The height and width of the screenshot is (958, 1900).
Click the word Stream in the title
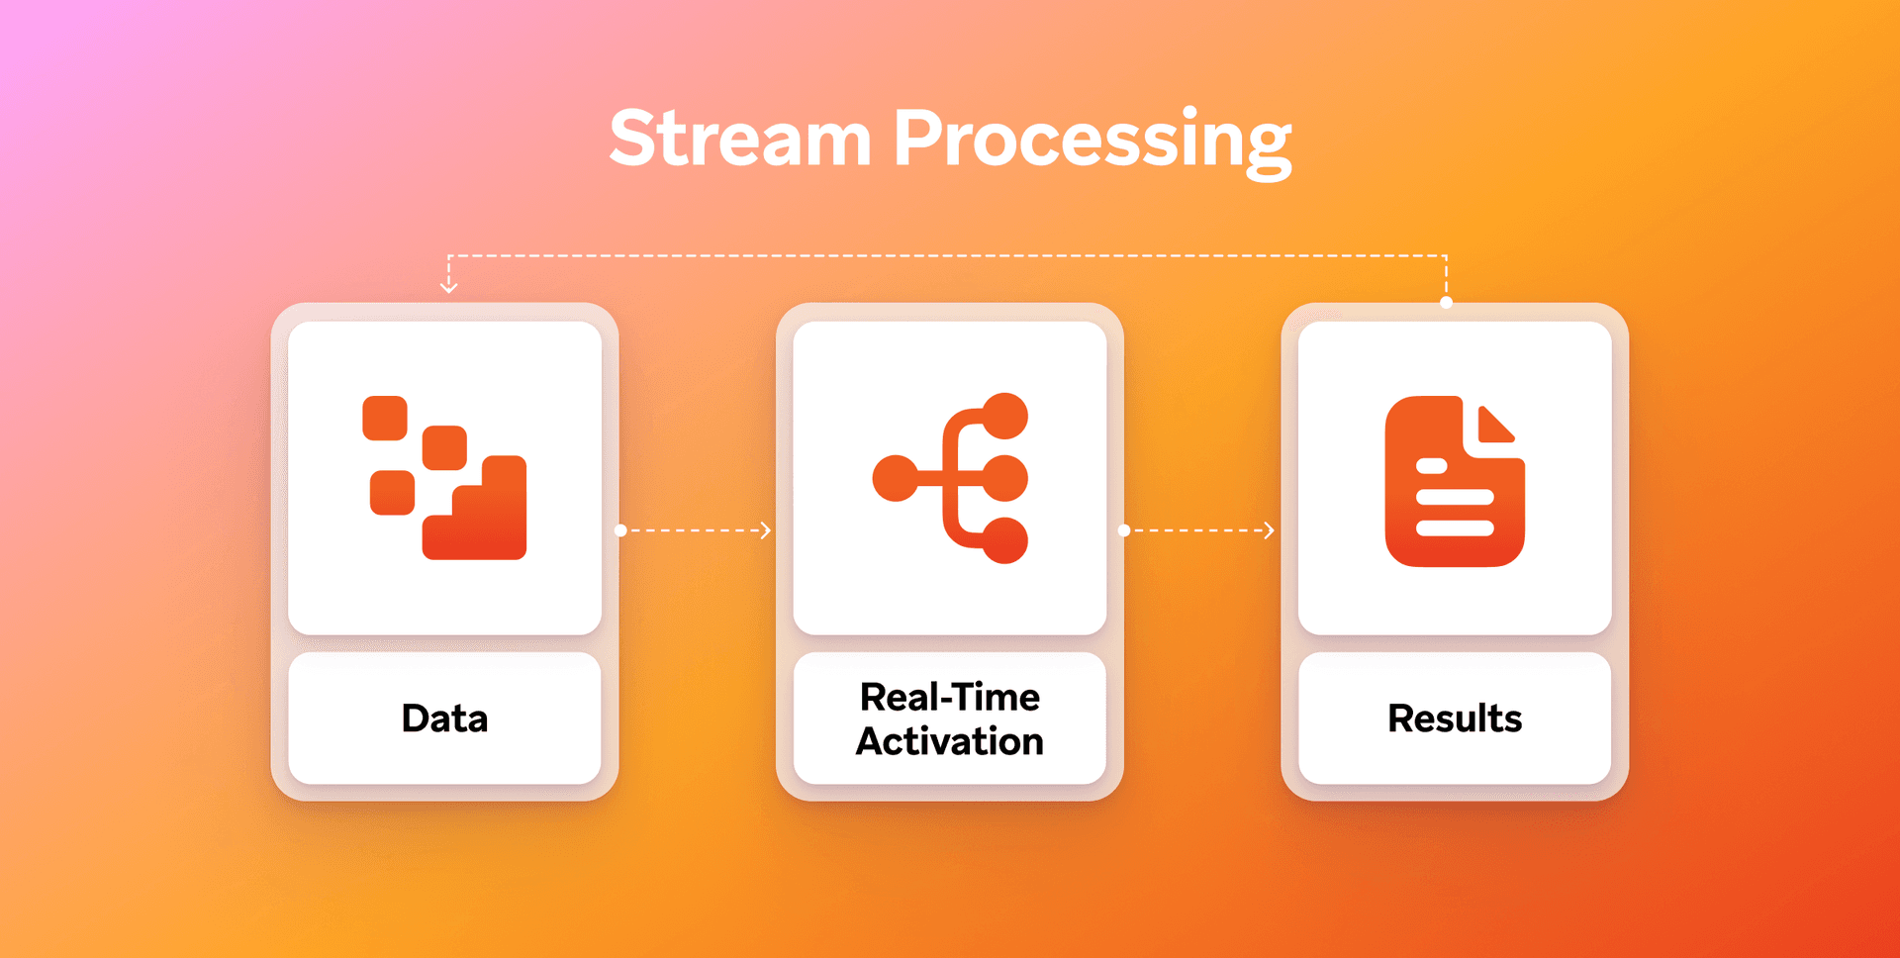[x=739, y=139]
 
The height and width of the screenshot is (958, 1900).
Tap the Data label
[x=444, y=718]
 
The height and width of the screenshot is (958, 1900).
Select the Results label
[x=1454, y=718]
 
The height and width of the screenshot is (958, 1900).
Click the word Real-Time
[x=949, y=698]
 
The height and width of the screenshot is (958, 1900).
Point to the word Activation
[x=949, y=741]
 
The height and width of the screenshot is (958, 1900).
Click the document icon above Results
[x=1453, y=482]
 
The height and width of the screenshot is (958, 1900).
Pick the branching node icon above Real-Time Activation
[x=950, y=478]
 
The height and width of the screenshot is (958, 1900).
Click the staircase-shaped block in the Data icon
[x=485, y=520]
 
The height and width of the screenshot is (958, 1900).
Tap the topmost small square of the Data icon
[x=385, y=418]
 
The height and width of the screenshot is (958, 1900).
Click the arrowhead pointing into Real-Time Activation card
[x=766, y=530]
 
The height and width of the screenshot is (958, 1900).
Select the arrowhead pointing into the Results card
[x=1270, y=530]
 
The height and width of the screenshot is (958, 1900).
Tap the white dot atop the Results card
[x=1446, y=303]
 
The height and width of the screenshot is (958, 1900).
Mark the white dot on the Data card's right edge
[x=620, y=530]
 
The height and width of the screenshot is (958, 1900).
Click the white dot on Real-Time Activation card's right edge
[x=1124, y=530]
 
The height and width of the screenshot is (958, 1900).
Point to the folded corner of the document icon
[x=1494, y=425]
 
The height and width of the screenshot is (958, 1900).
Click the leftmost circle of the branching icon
[x=895, y=478]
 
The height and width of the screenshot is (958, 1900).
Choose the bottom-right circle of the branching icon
[x=1005, y=540]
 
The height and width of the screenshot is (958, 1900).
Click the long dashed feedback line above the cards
[x=948, y=256]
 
